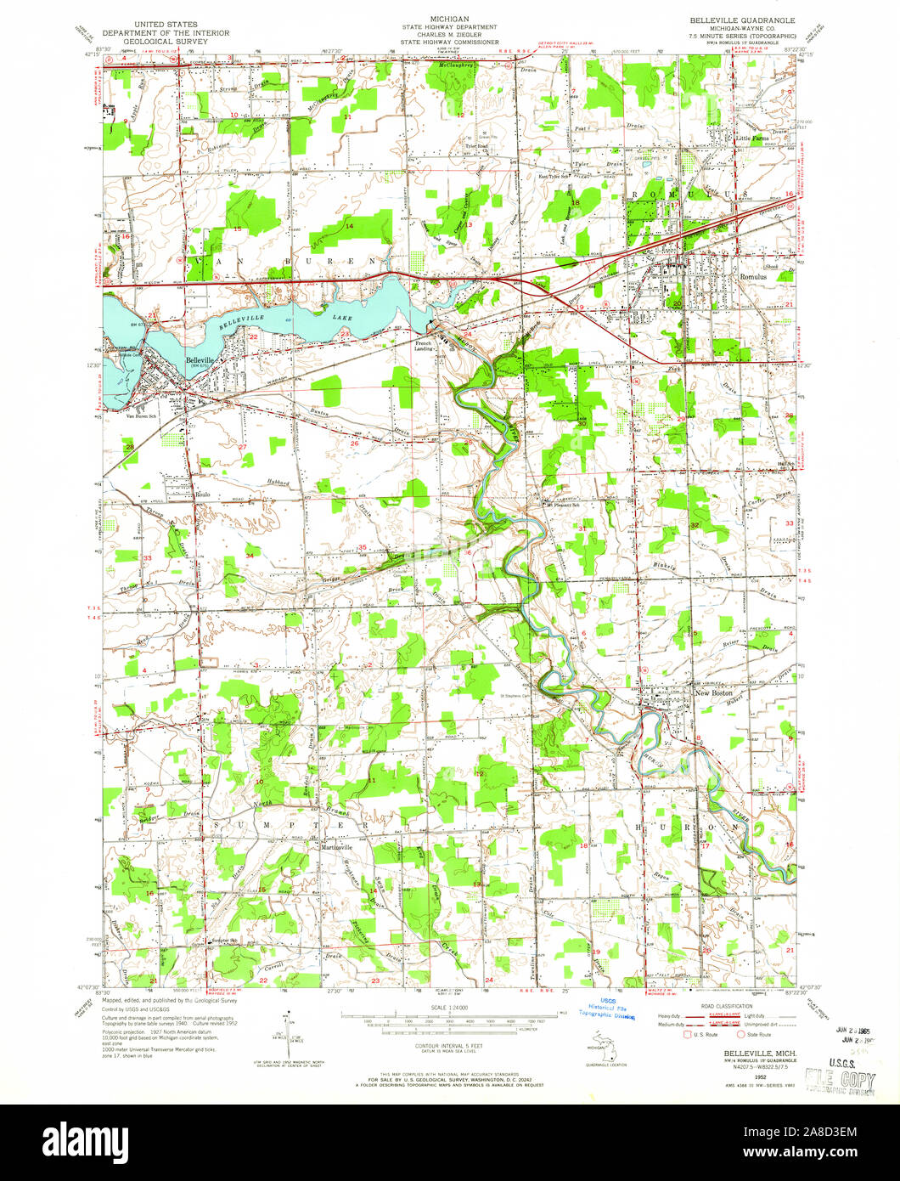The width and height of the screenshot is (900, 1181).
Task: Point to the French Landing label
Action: pyautogui.click(x=423, y=345)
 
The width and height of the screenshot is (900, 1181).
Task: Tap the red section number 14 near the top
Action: pyautogui.click(x=349, y=225)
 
